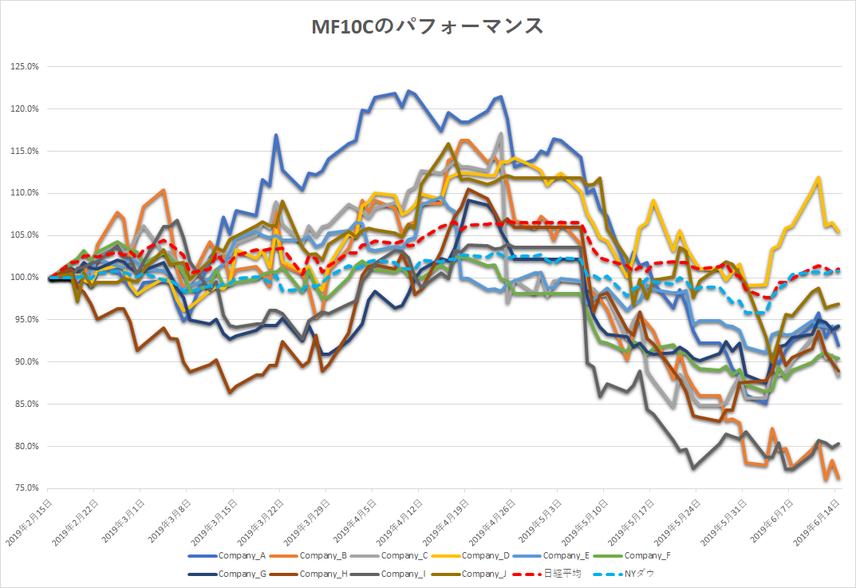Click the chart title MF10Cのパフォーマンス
428,27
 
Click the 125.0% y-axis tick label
24,66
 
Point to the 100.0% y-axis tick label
24,278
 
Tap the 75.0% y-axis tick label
26,488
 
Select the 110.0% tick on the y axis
24,193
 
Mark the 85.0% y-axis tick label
26,404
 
